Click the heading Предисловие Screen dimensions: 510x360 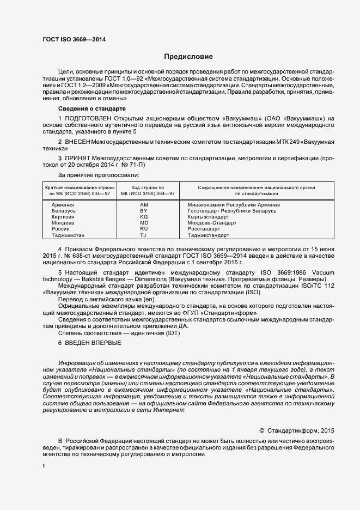[x=189, y=57]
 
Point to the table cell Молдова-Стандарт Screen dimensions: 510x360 [x=212, y=223]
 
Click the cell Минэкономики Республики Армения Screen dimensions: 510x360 [x=234, y=205]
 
